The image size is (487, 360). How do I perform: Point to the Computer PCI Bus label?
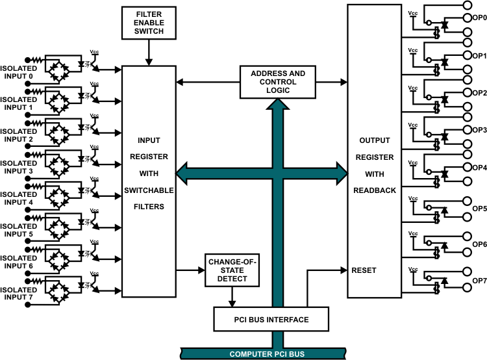click(267, 354)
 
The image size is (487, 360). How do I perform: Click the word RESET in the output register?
click(364, 270)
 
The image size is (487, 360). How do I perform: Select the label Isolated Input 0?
click(19, 72)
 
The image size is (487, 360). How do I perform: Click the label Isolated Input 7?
click(19, 294)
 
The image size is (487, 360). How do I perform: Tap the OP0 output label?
click(480, 18)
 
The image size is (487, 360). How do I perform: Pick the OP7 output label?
click(480, 281)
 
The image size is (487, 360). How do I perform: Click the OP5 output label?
click(480, 209)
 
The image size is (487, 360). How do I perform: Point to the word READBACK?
click(375, 190)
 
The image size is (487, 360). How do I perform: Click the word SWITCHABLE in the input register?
click(149, 190)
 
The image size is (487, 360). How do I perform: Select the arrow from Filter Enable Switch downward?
click(149, 53)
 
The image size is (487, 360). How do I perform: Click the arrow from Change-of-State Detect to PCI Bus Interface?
click(232, 297)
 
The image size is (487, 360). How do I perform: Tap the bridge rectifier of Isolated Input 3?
click(58, 163)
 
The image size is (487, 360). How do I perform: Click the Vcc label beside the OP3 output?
click(413, 125)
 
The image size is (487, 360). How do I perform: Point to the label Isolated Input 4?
click(19, 198)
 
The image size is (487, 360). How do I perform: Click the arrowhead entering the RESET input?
click(343, 270)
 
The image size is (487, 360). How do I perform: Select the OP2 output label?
click(480, 93)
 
